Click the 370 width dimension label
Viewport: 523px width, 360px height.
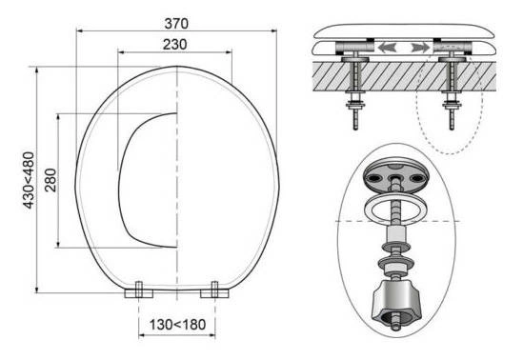tap(176, 23)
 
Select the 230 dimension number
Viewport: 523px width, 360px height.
tap(174, 45)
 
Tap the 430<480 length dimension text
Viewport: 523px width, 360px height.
tap(29, 180)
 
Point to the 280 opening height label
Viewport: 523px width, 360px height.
tap(50, 180)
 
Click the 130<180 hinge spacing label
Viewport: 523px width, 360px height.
tap(177, 325)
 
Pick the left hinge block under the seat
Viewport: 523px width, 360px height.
tap(139, 290)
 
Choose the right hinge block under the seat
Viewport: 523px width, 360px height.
tap(214, 290)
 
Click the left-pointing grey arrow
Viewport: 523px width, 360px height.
tap(387, 48)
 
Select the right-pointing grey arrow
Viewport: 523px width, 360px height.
tap(420, 48)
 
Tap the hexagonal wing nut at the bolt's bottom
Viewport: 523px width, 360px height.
tap(396, 302)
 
